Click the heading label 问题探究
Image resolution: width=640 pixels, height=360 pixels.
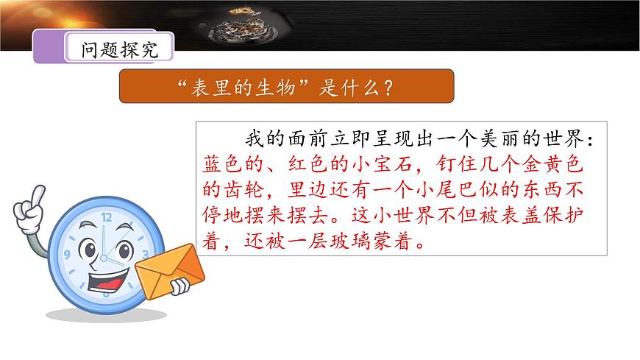click(x=119, y=50)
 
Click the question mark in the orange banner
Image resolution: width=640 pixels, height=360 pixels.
click(x=387, y=88)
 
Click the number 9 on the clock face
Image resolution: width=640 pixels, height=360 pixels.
click(x=67, y=255)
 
